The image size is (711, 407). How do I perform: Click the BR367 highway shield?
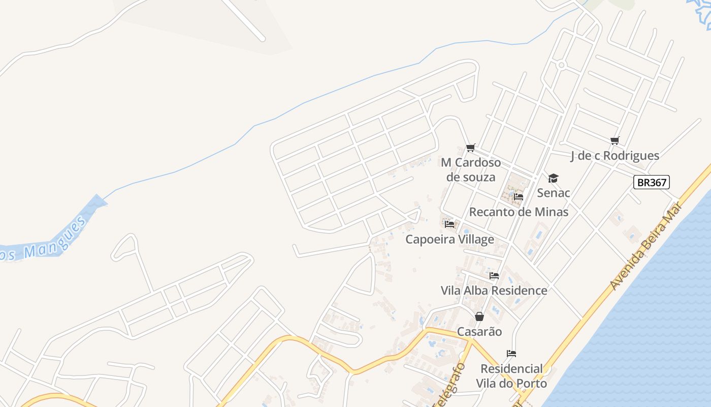point(652,182)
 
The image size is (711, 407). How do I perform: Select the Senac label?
point(554,193)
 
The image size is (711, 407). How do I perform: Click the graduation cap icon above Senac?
point(553,178)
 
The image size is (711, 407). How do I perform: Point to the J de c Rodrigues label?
point(615,156)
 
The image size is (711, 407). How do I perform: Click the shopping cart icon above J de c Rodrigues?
point(615,140)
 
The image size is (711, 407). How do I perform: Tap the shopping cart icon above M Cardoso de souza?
point(471,148)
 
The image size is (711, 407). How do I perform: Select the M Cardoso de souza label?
point(471,169)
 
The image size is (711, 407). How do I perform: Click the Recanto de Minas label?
point(519,212)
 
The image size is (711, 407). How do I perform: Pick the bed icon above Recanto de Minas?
point(519,197)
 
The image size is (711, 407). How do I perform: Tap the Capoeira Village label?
point(449,239)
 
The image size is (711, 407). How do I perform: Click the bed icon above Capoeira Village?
point(449,224)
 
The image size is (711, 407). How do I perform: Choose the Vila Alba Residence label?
point(494,290)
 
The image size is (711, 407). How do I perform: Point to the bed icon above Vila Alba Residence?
point(494,276)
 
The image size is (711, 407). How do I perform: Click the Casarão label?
point(479,332)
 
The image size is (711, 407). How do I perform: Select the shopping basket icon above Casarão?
point(479,316)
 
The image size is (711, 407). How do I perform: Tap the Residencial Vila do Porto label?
point(511,375)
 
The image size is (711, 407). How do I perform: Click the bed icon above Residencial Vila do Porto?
point(511,354)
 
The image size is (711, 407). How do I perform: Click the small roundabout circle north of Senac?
point(561,65)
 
